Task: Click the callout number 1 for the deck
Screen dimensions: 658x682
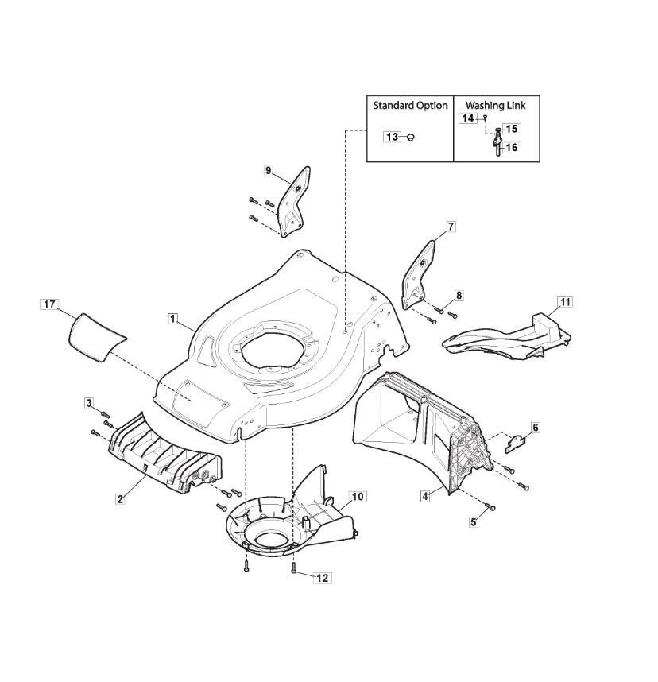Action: (172, 319)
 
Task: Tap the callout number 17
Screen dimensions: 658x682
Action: (49, 304)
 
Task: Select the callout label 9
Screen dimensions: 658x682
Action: (268, 170)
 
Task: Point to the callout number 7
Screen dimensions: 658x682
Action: (451, 227)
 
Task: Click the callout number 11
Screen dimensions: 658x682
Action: (565, 302)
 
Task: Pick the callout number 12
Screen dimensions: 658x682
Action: (323, 578)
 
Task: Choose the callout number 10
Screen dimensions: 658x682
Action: (358, 496)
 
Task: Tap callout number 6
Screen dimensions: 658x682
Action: (536, 428)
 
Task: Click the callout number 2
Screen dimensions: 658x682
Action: (120, 499)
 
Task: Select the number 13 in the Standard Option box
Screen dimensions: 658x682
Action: (393, 137)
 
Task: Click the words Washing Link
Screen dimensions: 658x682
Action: (495, 105)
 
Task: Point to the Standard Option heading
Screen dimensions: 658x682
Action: (410, 105)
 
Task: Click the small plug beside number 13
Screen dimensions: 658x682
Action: (409, 138)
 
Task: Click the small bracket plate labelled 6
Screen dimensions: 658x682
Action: (516, 444)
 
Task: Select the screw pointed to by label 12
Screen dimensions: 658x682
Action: (293, 567)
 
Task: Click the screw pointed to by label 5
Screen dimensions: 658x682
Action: (490, 506)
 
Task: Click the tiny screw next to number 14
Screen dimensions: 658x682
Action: (486, 118)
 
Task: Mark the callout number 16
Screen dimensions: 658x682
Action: (512, 147)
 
